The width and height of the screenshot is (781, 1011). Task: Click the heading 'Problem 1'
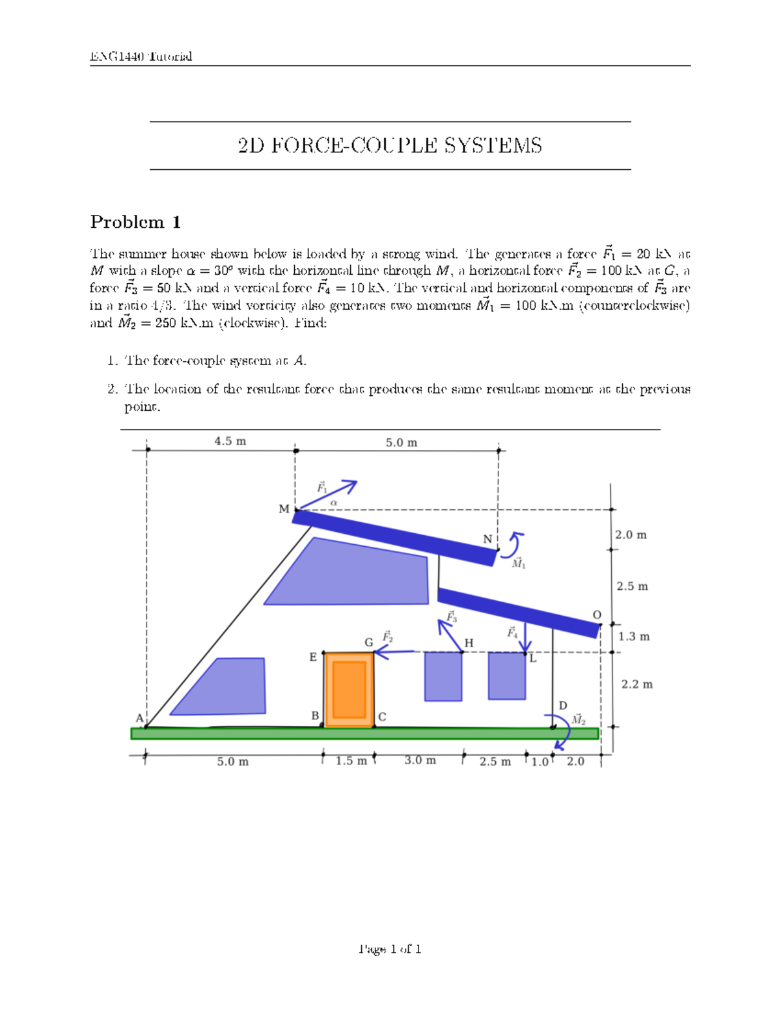135,222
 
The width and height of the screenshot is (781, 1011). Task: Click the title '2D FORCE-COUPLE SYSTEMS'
390,145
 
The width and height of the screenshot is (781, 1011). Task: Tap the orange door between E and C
349,689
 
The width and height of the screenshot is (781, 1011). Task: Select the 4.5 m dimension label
230,441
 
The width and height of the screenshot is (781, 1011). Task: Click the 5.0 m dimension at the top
402,443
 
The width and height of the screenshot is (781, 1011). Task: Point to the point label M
284,509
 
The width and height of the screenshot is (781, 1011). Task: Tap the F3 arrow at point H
450,635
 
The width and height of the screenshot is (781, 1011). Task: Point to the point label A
139,718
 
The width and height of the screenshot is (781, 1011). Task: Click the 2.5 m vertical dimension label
632,587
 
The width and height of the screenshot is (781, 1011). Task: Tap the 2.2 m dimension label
637,684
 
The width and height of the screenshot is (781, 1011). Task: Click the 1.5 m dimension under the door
351,761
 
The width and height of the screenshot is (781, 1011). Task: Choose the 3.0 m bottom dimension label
420,760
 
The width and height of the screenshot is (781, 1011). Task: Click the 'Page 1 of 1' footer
390,949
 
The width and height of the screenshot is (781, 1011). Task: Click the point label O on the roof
597,615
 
